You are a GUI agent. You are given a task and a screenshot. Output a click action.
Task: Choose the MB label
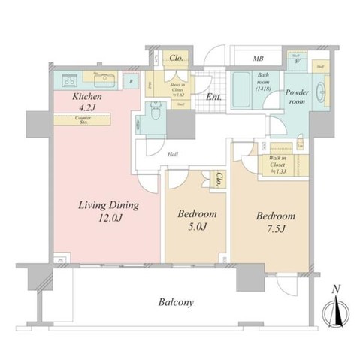point(257,58)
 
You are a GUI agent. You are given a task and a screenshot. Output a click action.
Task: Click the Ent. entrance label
point(213,97)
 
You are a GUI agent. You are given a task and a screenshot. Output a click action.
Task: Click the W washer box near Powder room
point(299,62)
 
